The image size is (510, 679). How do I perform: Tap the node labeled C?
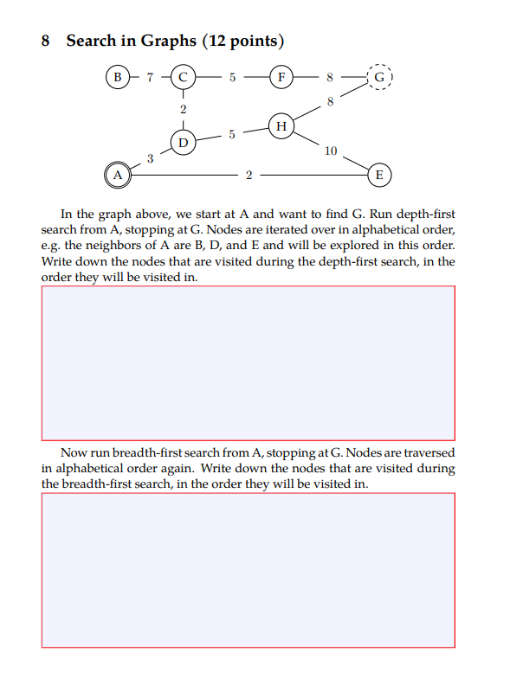click(183, 77)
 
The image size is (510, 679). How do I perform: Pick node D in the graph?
click(183, 141)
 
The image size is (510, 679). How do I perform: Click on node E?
click(379, 175)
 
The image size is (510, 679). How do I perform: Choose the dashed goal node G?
click(379, 77)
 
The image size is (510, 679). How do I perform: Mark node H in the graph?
click(281, 125)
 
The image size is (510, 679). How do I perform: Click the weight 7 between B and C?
click(149, 77)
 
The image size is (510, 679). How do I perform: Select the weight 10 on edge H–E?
click(330, 151)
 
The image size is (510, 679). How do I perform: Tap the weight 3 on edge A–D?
click(150, 157)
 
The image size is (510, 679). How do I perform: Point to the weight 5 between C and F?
click(232, 77)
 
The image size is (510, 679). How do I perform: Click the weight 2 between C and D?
click(183, 110)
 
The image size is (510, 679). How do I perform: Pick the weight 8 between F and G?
click(330, 77)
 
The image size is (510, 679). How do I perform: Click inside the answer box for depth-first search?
click(248, 362)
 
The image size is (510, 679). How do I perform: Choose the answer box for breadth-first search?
click(248, 570)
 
